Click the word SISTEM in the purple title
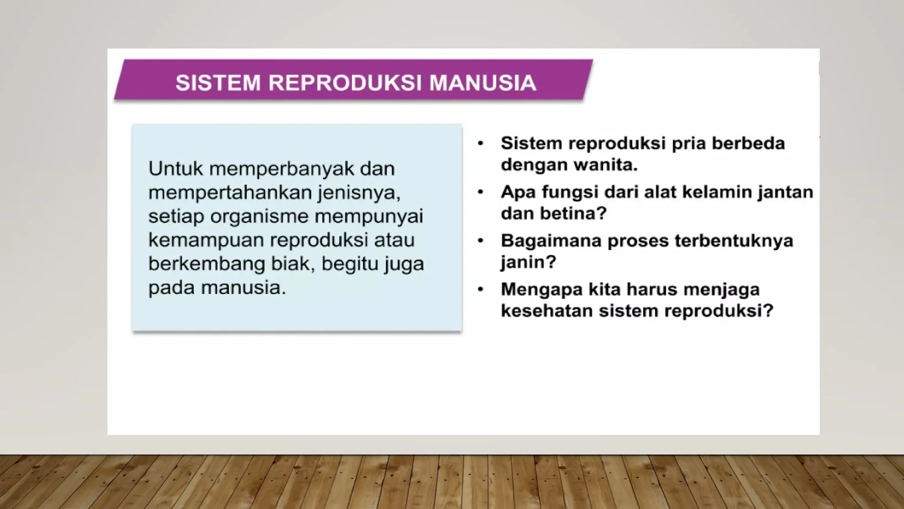pyautogui.click(x=218, y=83)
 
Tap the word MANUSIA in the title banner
pyautogui.click(x=483, y=83)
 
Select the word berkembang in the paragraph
pyautogui.click(x=206, y=264)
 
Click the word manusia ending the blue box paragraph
pyautogui.click(x=244, y=288)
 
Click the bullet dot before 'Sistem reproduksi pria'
pyautogui.click(x=481, y=144)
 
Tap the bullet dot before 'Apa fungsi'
pyautogui.click(x=481, y=192)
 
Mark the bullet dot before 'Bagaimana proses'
pyautogui.click(x=481, y=241)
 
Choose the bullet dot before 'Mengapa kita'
pyautogui.click(x=481, y=289)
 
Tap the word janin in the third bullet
pyautogui.click(x=528, y=262)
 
